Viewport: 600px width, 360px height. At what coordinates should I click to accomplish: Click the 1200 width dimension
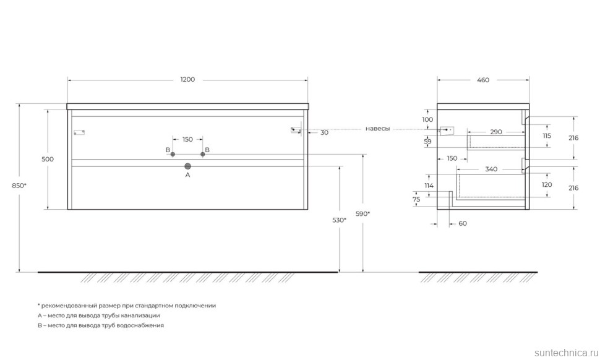187,80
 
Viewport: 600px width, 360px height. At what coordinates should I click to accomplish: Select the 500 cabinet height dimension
48,159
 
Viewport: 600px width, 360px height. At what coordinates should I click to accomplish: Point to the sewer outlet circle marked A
188,166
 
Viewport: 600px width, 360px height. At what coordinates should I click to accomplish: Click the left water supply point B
173,154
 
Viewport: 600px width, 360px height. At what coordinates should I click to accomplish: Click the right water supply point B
202,154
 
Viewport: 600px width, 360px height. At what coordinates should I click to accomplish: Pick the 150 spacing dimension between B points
187,139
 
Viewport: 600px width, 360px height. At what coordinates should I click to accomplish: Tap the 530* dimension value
338,220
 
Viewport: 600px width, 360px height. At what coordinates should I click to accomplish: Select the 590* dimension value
362,213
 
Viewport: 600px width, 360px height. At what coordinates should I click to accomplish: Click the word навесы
377,129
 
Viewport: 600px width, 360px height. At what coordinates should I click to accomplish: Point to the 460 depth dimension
483,80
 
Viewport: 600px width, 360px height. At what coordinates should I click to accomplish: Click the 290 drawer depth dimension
495,132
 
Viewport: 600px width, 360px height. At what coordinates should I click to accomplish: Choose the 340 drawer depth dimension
491,169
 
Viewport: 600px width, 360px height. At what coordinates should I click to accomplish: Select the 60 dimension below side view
462,223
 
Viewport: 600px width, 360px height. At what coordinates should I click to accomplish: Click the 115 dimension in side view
547,135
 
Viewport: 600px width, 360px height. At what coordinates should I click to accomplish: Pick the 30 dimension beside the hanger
325,132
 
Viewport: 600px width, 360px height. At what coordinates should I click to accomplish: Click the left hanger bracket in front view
79,132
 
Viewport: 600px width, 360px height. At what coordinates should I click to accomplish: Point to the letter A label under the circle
188,175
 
